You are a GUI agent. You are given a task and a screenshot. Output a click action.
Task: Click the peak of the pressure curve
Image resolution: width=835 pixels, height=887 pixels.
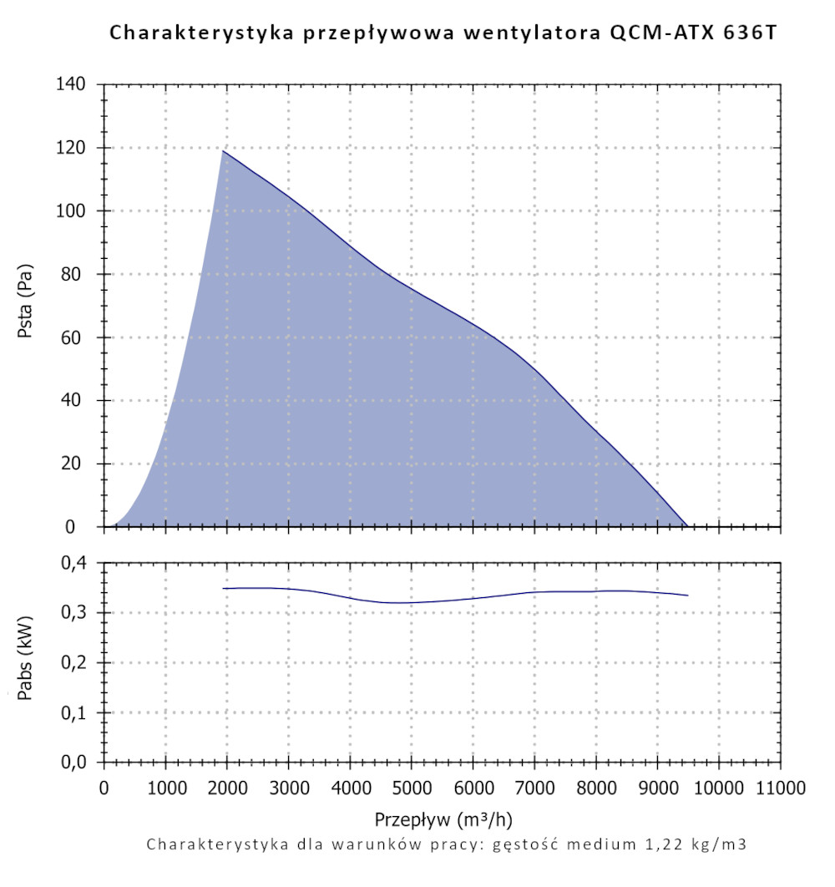click(x=222, y=150)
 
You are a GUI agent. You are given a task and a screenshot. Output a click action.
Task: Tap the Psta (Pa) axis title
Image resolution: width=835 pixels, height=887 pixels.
click(x=25, y=306)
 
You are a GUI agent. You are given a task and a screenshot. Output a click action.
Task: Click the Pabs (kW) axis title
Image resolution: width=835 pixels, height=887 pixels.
click(x=25, y=663)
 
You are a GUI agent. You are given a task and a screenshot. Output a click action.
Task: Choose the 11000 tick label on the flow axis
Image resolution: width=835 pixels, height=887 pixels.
click(x=780, y=787)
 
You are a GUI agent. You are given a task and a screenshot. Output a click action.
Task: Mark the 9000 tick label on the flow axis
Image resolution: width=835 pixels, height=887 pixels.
click(x=657, y=787)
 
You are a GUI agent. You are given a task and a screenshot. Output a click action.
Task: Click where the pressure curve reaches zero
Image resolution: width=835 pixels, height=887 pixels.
click(x=687, y=526)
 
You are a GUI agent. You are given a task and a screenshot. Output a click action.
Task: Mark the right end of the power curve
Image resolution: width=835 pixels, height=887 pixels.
click(x=687, y=596)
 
